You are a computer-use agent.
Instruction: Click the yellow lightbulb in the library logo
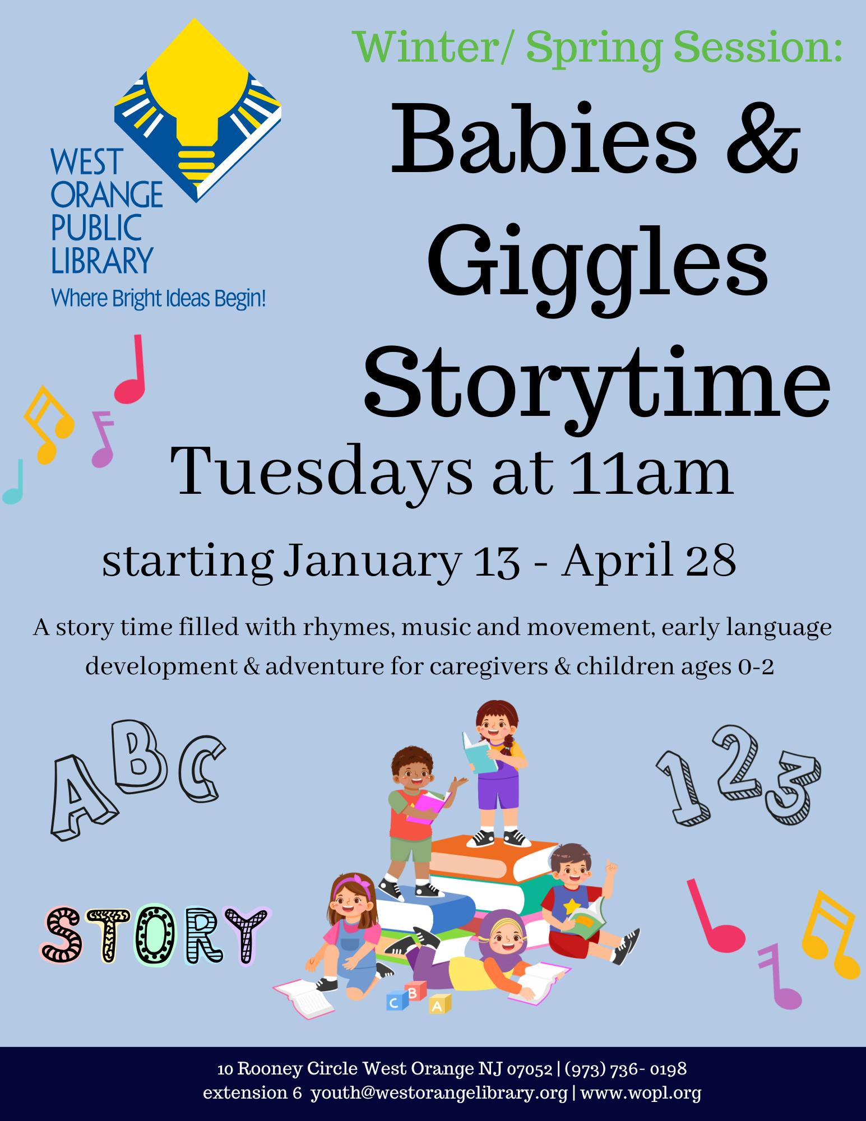click(x=196, y=95)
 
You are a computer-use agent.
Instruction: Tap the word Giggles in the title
click(x=597, y=263)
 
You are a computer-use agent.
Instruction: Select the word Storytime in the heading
click(x=597, y=384)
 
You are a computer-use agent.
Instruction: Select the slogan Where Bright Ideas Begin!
click(x=158, y=299)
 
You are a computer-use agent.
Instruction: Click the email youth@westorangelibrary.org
click(x=439, y=1092)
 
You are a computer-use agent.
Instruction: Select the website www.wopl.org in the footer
click(x=641, y=1092)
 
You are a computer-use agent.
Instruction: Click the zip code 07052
click(x=530, y=1069)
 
